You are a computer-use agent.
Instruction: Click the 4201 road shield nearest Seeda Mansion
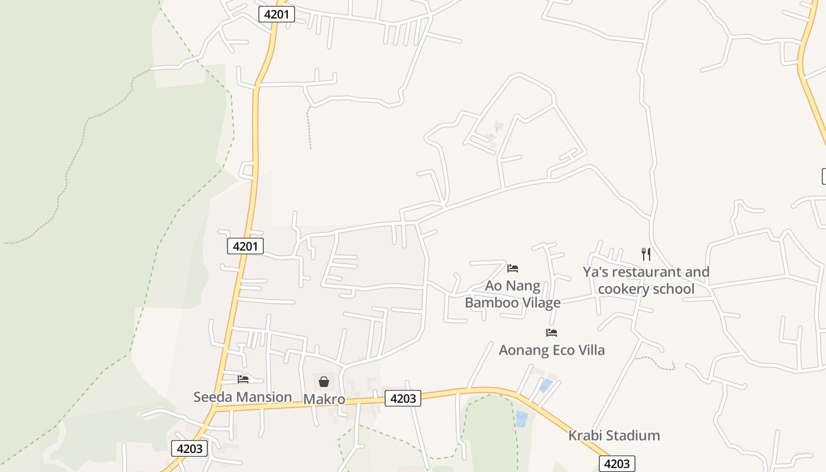pos(245,246)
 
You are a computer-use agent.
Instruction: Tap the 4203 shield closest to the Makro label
pos(403,398)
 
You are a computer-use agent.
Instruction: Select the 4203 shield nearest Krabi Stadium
pos(617,464)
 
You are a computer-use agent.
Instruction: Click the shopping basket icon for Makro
pos(324,382)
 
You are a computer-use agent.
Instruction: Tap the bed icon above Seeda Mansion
pos(243,379)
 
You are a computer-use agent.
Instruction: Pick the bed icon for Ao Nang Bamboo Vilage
pos(513,268)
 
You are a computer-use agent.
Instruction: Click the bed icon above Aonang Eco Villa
pos(552,333)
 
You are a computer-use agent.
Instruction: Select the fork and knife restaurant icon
pos(646,254)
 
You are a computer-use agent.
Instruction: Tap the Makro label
pos(324,399)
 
